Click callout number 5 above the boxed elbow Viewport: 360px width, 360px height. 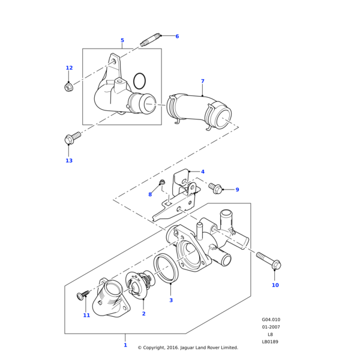tap(122, 41)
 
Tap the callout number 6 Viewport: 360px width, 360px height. tap(177, 37)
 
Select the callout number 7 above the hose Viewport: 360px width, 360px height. tap(202, 81)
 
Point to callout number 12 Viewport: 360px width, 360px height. tap(69, 68)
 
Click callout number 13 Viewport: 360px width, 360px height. tap(69, 161)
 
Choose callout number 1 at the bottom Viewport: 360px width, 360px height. tap(125, 345)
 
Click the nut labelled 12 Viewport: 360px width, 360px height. tap(68, 88)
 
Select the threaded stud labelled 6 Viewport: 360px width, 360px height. tap(151, 40)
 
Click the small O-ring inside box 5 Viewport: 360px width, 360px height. tap(139, 80)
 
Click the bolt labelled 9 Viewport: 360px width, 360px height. tap(215, 188)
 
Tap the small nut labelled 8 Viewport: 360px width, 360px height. tap(162, 182)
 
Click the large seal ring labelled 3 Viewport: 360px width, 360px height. tap(166, 267)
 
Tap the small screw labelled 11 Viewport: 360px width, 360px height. tap(83, 295)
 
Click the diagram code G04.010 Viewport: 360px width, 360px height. tap(271, 320)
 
